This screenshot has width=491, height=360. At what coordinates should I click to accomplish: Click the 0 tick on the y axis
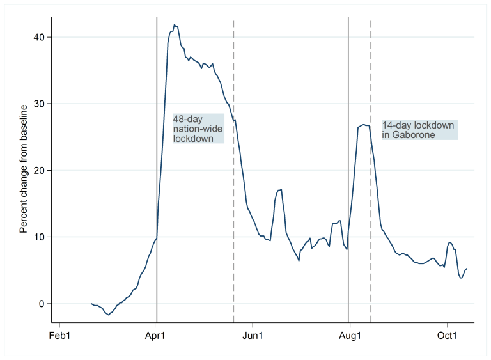point(42,304)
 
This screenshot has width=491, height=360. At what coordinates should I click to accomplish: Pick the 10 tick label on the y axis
point(40,237)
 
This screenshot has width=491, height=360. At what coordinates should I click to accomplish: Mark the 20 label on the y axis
point(40,171)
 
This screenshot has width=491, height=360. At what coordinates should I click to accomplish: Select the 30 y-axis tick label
point(40,104)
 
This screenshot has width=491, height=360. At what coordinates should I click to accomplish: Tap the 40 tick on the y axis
point(40,37)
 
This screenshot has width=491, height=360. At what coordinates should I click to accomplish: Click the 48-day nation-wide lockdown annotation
point(198,129)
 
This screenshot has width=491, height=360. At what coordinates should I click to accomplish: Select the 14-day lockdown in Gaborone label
point(419,130)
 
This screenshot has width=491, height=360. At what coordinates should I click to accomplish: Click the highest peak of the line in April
point(174,25)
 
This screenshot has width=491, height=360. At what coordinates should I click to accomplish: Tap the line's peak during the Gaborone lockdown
point(363,124)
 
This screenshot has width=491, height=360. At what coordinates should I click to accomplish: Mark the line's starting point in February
point(91,304)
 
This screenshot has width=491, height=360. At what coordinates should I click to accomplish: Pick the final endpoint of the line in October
point(467,269)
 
